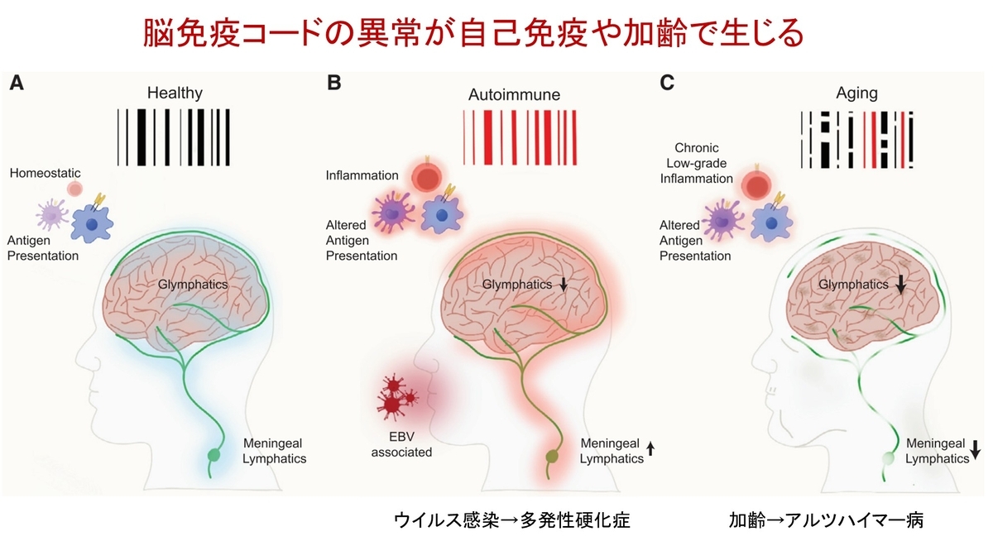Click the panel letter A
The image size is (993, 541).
tap(17, 83)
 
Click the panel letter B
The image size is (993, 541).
tap(333, 83)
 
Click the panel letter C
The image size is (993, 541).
tap(667, 83)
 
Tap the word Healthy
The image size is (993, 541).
tap(175, 93)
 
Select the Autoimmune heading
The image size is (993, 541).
tap(514, 95)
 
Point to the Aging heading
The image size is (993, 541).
tap(856, 93)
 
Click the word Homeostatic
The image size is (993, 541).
tap(46, 173)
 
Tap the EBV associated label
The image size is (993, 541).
tap(401, 444)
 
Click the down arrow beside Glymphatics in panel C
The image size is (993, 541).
tap(900, 284)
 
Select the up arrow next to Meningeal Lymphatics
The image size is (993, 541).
tap(650, 449)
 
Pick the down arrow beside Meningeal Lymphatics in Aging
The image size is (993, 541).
tap(976, 450)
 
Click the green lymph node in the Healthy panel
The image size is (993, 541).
tap(214, 455)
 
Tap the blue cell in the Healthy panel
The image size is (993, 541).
tap(92, 223)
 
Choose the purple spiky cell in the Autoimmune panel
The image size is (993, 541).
tap(392, 213)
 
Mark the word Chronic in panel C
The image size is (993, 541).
tap(697, 147)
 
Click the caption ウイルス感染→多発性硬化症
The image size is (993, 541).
tap(512, 520)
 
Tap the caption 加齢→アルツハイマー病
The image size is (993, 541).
tap(827, 520)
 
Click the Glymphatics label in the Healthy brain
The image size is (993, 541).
tap(193, 285)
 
